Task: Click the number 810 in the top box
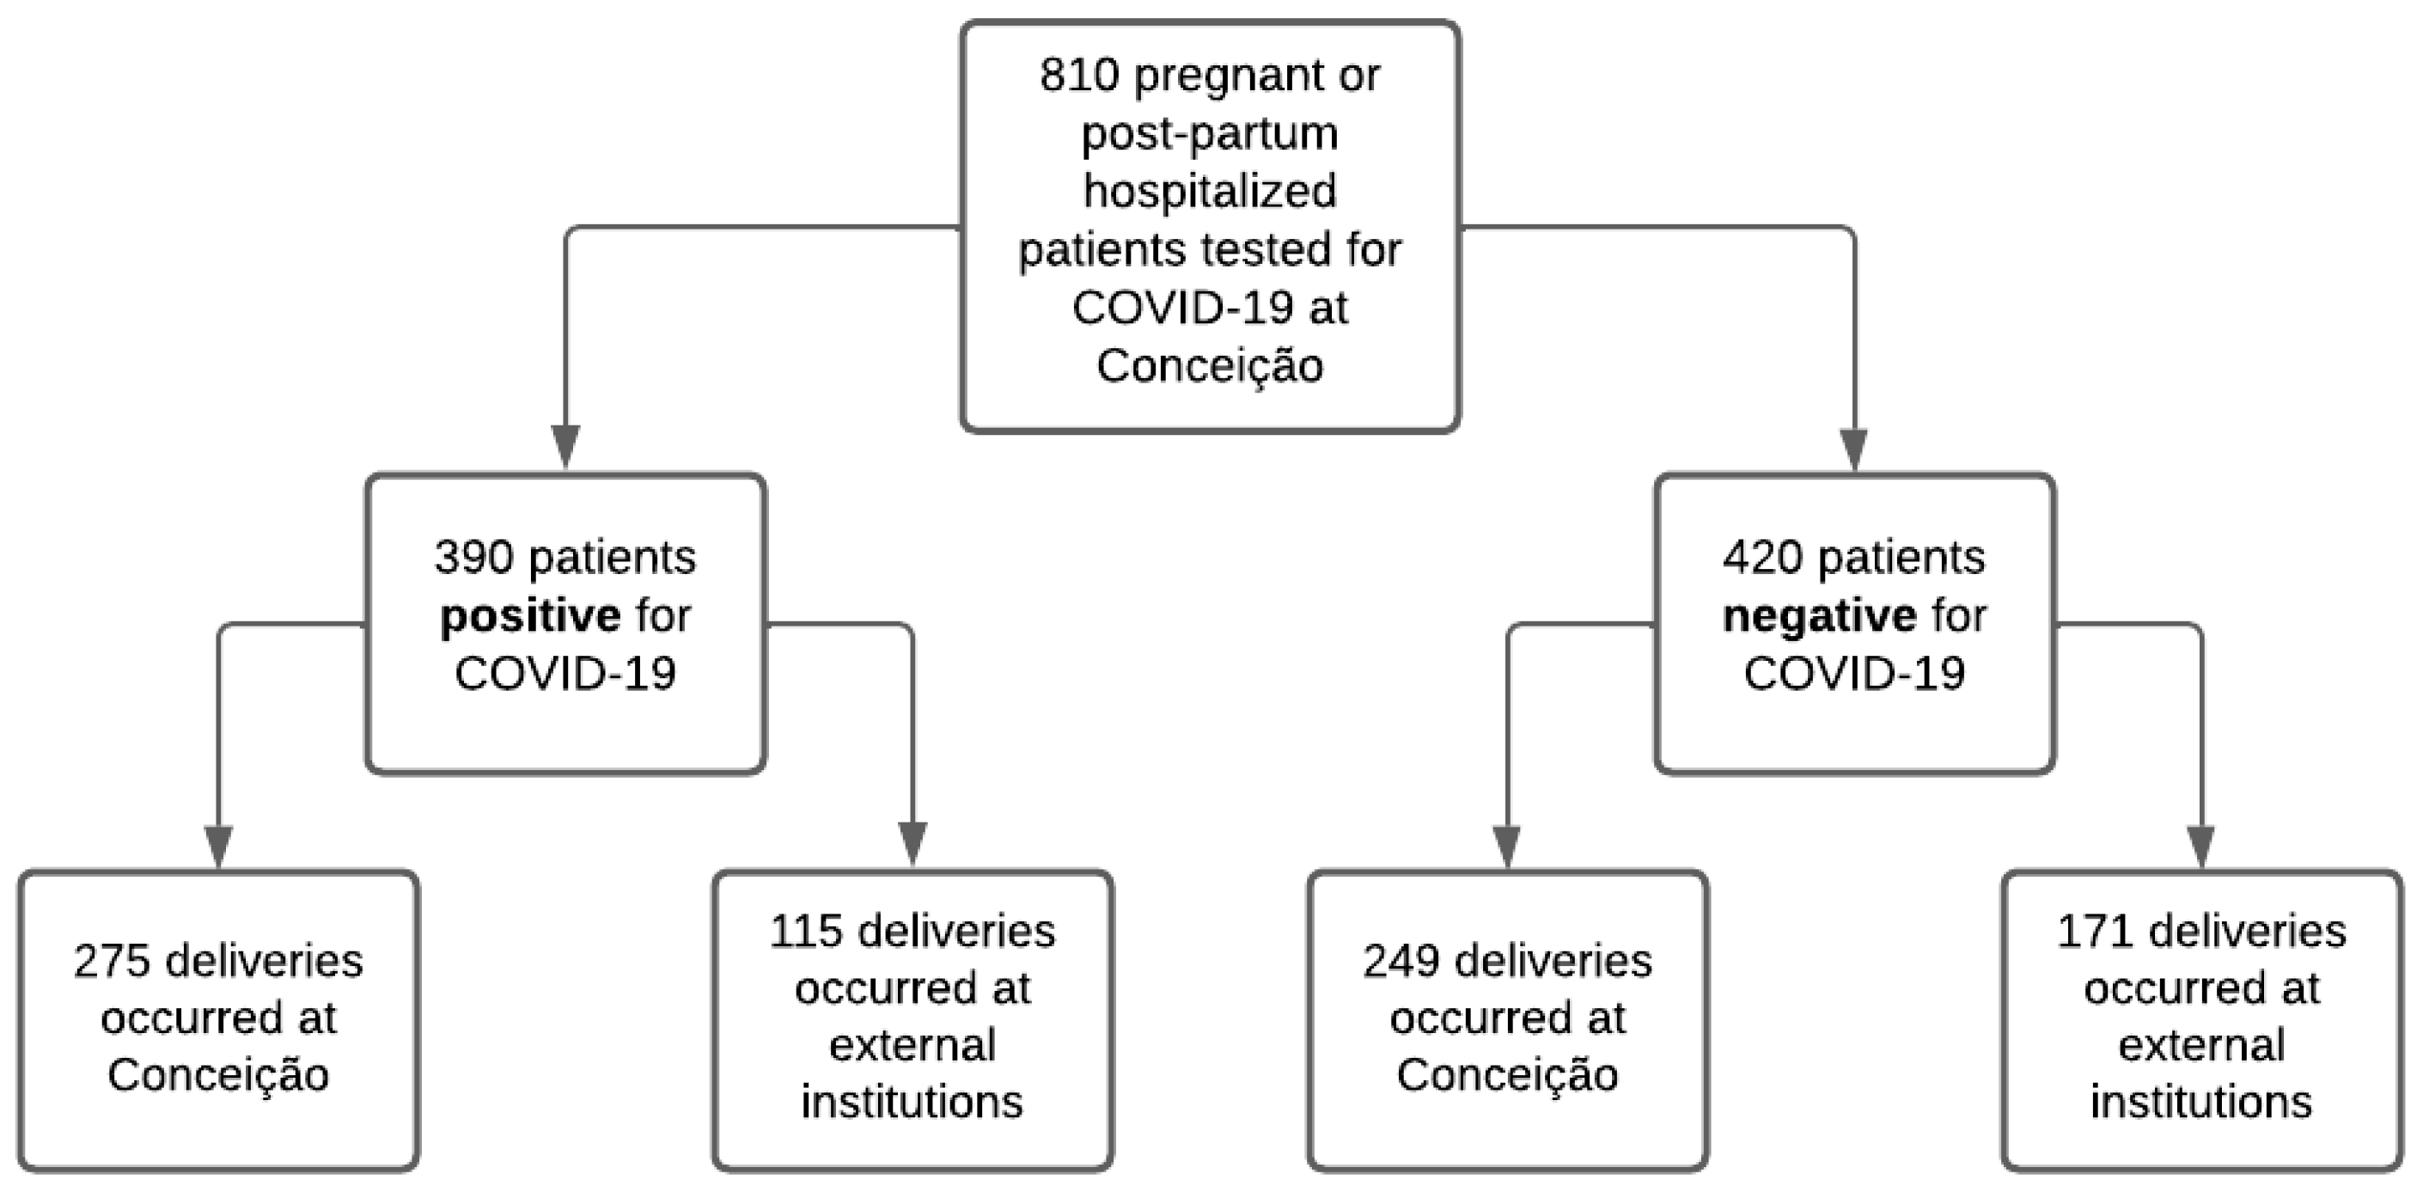pos(1079,76)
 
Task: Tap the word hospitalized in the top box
pos(1210,192)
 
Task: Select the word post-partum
pos(1210,134)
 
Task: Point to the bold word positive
pos(529,616)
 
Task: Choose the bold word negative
pos(1819,616)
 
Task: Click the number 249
pos(1400,961)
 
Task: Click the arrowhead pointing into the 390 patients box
pos(565,446)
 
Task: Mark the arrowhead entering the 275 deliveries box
pos(218,845)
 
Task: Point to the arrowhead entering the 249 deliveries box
pos(1507,845)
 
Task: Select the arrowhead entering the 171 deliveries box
pos(2201,845)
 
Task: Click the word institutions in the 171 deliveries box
pos(2201,1103)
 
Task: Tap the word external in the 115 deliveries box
pos(912,1046)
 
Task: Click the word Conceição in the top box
pos(1210,366)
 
